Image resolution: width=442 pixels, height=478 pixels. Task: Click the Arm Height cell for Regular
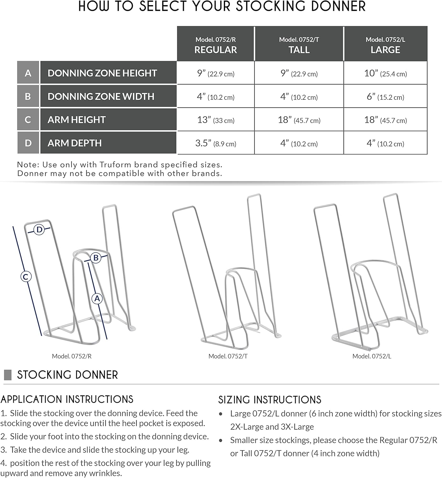(216, 120)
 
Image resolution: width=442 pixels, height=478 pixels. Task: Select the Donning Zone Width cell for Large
(385, 97)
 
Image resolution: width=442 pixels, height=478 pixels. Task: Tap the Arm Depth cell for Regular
(216, 143)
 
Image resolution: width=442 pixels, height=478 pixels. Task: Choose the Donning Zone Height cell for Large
(385, 73)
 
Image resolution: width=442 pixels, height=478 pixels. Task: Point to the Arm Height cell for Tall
(299, 120)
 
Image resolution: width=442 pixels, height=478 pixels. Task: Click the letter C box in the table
(28, 120)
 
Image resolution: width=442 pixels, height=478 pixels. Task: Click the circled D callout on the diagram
(39, 229)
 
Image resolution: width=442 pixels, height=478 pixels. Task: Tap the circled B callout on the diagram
(96, 257)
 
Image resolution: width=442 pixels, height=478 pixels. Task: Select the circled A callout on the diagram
(97, 299)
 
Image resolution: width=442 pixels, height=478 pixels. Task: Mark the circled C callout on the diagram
(26, 276)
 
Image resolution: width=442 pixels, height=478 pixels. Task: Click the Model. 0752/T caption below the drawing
(228, 356)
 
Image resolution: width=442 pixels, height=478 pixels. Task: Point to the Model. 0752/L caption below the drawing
(372, 356)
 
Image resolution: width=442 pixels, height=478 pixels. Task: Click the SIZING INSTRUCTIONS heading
(270, 400)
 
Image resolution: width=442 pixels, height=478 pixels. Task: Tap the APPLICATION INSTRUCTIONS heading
(67, 399)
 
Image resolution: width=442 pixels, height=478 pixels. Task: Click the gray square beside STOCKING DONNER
(8, 375)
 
